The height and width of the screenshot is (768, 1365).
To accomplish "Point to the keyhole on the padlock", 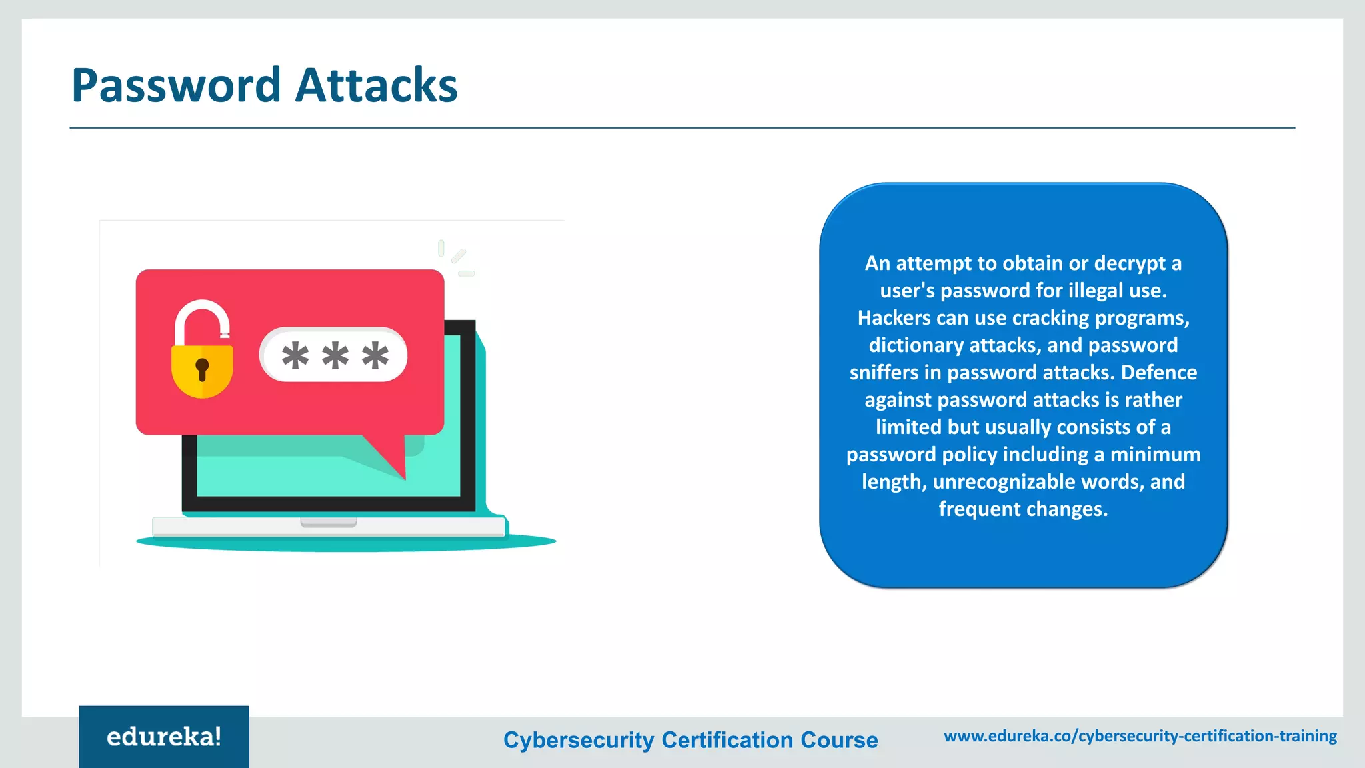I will click(x=202, y=368).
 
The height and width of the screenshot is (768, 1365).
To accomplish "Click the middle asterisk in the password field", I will click(x=335, y=355).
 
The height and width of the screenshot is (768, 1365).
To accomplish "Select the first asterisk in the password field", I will click(x=295, y=355).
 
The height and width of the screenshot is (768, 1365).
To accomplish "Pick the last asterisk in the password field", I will click(x=375, y=355).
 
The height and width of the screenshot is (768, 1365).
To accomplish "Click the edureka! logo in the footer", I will click(x=164, y=737).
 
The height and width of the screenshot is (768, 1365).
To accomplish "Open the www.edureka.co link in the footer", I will click(x=1140, y=736).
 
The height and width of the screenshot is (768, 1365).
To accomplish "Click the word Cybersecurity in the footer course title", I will click(x=579, y=740).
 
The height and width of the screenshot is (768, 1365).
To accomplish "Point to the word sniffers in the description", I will click(x=884, y=373).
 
